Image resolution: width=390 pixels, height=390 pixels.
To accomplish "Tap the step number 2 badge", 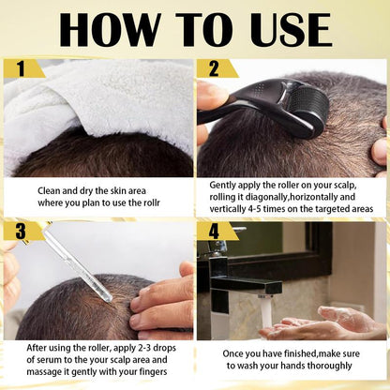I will [214, 68].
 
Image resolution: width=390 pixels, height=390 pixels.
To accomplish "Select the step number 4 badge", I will [215, 231].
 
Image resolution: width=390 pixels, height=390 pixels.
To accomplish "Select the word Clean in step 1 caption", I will [50, 189].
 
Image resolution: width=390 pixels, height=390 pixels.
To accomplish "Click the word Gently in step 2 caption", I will [224, 186].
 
